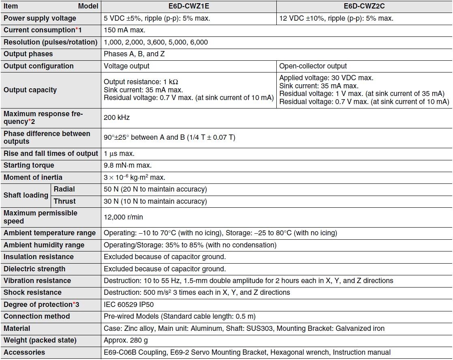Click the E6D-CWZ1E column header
(x=188, y=6)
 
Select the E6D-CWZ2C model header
(x=364, y=6)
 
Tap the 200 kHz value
(x=117, y=117)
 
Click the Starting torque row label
(x=29, y=165)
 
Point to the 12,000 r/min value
(x=123, y=217)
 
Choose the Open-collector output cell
(x=313, y=66)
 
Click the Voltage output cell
(x=126, y=66)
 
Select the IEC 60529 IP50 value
(x=129, y=305)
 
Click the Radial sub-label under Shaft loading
(x=64, y=189)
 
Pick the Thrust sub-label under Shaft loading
(x=64, y=201)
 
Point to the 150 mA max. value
(x=124, y=30)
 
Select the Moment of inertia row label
(x=33, y=177)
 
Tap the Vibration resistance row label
(x=37, y=281)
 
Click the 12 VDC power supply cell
(x=336, y=18)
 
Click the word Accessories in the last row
(x=24, y=352)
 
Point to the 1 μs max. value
(x=119, y=153)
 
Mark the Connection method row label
(x=37, y=316)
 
